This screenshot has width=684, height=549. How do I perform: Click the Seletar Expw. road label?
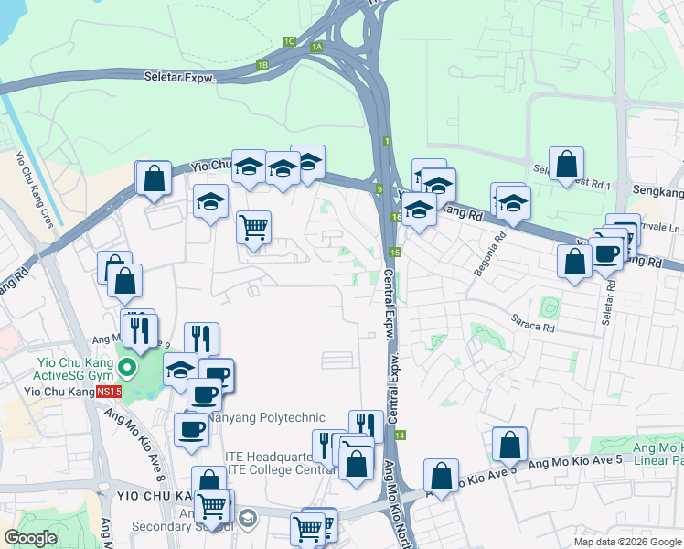pyautogui.click(x=178, y=78)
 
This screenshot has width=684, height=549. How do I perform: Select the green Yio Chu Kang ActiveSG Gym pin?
pyautogui.click(x=127, y=370)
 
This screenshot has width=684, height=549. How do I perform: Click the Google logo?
pyautogui.click(x=31, y=538)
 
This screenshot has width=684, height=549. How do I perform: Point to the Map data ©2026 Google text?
pyautogui.click(x=626, y=542)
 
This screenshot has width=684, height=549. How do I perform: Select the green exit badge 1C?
pyautogui.click(x=289, y=41)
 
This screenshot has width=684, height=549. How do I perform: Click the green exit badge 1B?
pyautogui.click(x=262, y=65)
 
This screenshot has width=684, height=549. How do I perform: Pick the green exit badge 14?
pyautogui.click(x=400, y=436)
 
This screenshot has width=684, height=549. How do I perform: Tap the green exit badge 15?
pyautogui.click(x=394, y=252)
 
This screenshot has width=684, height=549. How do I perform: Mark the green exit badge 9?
pyautogui.click(x=379, y=189)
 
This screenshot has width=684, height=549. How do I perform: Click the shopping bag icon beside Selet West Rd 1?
pyautogui.click(x=567, y=164)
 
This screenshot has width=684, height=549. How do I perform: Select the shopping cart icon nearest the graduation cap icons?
pyautogui.click(x=253, y=226)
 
